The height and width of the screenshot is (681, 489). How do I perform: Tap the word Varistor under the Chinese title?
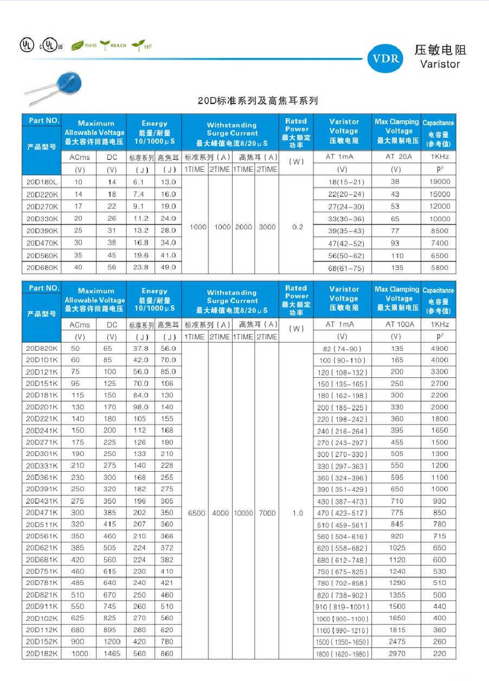pos(440,64)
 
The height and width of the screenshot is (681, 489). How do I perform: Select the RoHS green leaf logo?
pos(84,46)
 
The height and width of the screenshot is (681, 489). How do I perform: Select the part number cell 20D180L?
pos(41,183)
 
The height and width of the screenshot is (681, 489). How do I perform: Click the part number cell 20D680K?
pos(41,267)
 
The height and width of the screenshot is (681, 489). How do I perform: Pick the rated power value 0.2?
pos(297,227)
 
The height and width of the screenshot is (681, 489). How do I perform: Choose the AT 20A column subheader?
pos(398,157)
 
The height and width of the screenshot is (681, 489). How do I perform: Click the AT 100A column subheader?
pos(399,324)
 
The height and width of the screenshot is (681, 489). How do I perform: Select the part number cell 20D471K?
pos(41,512)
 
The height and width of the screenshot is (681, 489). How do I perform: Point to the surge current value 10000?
pos(243,513)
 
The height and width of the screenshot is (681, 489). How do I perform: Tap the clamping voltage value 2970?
pos(397,653)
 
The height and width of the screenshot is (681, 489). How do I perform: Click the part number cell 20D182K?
pos(41,653)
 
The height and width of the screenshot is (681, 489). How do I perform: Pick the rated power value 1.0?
pos(297,513)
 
